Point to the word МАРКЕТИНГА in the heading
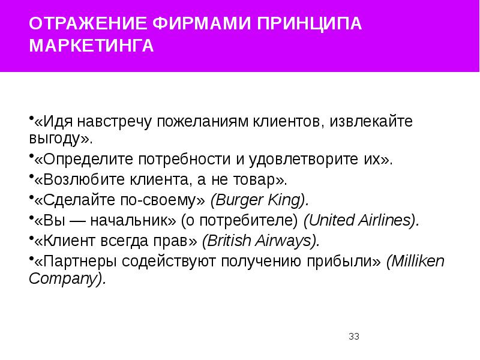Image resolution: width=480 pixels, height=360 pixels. tap(92, 47)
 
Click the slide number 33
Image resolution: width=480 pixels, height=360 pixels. tap(353, 337)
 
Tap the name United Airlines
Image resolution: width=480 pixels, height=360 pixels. tap(360, 220)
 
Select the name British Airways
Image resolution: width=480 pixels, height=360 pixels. tap(260, 241)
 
